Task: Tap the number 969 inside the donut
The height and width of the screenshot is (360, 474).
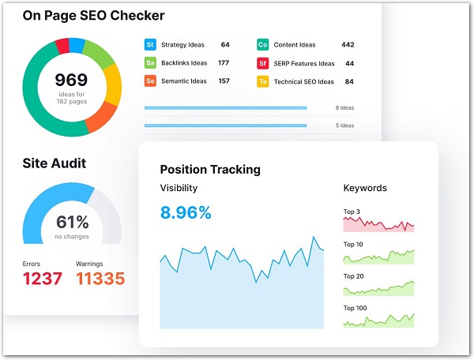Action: [70, 80]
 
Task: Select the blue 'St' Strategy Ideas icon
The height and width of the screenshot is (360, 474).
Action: [150, 45]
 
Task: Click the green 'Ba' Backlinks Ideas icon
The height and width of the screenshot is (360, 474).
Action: [150, 63]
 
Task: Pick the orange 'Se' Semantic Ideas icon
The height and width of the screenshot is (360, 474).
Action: [150, 81]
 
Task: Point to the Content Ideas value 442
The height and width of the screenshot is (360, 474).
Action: [348, 45]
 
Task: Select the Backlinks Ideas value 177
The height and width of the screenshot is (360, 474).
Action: [224, 63]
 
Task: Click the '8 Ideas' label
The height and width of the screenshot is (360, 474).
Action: [344, 107]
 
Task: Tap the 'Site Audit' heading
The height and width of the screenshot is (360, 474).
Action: [55, 163]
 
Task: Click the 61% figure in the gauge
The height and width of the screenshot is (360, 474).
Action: [71, 223]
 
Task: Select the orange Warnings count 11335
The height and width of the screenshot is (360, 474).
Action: [100, 279]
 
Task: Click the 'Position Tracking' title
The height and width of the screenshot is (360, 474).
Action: [210, 169]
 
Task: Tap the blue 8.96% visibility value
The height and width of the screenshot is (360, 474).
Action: [186, 212]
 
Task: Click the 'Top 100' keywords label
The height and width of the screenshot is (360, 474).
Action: [357, 308]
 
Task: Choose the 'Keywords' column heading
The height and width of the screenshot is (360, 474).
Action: [365, 189]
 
